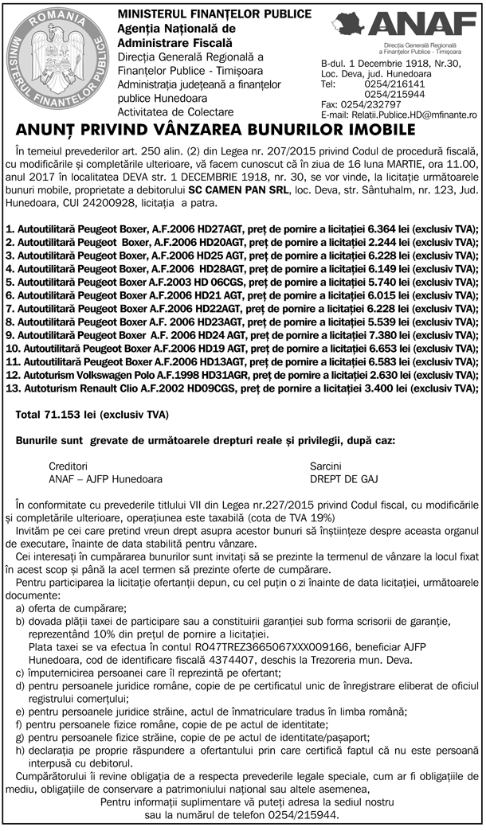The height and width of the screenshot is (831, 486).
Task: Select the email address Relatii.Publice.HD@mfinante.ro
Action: pyautogui.click(x=411, y=115)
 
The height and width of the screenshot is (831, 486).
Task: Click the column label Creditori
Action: pyautogui.click(x=69, y=466)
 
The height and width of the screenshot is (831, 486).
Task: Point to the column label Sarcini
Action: pyautogui.click(x=328, y=466)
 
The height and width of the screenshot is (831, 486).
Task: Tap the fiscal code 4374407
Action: pyautogui.click(x=245, y=660)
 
